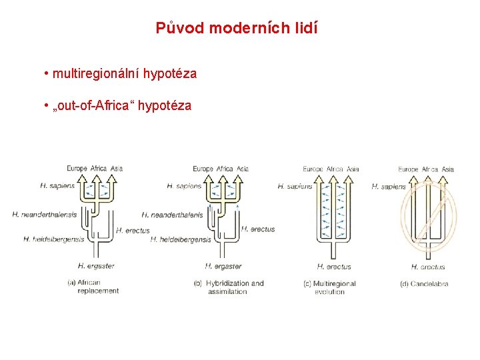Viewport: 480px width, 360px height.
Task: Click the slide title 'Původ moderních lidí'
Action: (237, 28)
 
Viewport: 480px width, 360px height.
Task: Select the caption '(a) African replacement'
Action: (94, 287)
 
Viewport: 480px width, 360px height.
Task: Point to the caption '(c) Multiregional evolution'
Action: (329, 287)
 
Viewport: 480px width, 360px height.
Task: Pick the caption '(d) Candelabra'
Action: (423, 283)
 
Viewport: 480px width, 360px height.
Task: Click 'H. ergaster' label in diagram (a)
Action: (96, 265)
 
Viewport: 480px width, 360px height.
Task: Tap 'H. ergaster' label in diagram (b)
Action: (223, 265)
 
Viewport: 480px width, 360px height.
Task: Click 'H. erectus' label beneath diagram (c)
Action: (334, 267)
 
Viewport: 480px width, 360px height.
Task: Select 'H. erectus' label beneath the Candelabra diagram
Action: (428, 267)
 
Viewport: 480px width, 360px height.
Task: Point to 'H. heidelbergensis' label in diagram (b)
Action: (181, 239)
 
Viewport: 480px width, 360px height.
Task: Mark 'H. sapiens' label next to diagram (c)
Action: (295, 187)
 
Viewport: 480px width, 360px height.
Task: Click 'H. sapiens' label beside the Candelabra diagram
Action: (389, 187)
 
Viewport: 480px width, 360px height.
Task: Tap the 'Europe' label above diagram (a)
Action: (77, 168)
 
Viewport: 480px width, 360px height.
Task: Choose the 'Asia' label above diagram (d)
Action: (448, 169)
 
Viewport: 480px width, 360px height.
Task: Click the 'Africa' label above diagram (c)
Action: (335, 169)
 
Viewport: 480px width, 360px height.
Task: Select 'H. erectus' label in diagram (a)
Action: (133, 230)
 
